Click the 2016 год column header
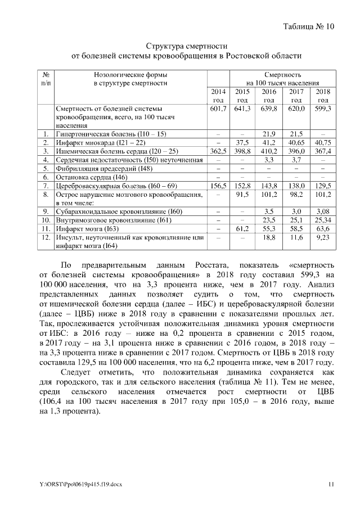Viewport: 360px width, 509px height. coord(269,96)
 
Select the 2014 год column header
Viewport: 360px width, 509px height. coord(217,96)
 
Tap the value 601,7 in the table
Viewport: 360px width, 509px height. coord(217,108)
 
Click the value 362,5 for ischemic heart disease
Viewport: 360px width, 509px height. coord(217,151)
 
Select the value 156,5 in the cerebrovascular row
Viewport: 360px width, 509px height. coord(217,185)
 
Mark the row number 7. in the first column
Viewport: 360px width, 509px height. coord(46,185)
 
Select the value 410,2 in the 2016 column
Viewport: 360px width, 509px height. coord(269,151)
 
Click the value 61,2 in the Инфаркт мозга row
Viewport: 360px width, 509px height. coord(242,229)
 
